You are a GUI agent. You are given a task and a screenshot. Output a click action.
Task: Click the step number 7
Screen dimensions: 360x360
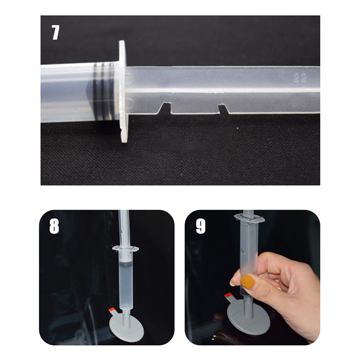point(55,32)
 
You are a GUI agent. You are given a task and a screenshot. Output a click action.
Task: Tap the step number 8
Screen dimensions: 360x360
point(54,226)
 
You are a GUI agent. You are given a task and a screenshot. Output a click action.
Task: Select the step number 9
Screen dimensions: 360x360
point(201,226)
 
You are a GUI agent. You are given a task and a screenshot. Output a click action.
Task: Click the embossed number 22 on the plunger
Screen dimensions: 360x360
point(300,78)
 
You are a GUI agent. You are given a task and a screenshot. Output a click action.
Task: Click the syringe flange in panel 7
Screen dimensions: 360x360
point(123,91)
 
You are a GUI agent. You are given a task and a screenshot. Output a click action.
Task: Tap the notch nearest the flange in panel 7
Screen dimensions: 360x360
point(166,108)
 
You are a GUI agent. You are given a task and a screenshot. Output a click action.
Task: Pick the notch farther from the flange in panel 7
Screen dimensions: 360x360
point(223,109)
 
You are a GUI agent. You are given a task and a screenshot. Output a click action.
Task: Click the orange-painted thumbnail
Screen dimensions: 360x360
point(247,282)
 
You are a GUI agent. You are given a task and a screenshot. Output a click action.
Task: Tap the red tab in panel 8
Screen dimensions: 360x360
point(112,310)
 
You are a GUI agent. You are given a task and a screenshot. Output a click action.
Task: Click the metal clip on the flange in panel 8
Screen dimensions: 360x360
point(126,248)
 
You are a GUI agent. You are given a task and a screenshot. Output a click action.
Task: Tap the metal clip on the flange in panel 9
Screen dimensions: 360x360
point(249,219)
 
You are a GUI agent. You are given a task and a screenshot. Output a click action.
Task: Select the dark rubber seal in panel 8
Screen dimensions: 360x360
point(126,263)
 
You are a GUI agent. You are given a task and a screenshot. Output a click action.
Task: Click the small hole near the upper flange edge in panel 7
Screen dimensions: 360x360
point(129,78)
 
